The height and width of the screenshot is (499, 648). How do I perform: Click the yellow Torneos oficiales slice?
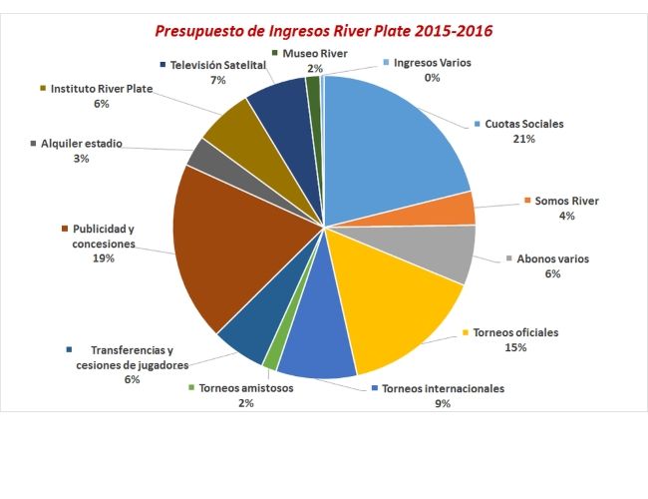coord(399,309)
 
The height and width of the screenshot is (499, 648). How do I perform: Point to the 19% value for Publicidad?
coord(104,257)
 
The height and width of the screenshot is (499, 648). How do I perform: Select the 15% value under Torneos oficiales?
coord(515,347)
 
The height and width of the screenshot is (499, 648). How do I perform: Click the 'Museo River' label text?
coord(315,52)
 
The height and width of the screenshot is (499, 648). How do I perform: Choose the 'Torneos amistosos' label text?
coord(246,388)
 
